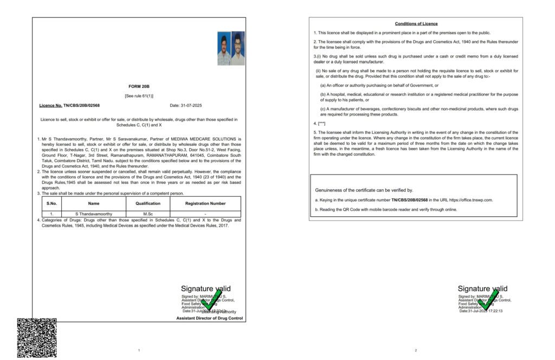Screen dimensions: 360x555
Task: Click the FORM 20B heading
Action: (x=139, y=86)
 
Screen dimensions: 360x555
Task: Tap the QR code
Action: (x=37, y=337)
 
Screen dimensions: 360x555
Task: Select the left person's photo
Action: (x=224, y=49)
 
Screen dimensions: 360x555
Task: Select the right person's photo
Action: (x=238, y=49)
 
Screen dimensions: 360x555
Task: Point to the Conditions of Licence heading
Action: (x=416, y=24)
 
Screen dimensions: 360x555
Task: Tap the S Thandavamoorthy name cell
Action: (x=94, y=214)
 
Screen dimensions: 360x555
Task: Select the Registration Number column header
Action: (x=205, y=203)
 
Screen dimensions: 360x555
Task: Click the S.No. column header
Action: (x=51, y=203)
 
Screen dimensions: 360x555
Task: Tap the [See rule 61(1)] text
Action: (x=139, y=96)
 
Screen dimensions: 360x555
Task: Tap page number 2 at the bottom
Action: (x=416, y=350)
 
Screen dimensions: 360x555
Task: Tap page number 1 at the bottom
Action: (x=139, y=350)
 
